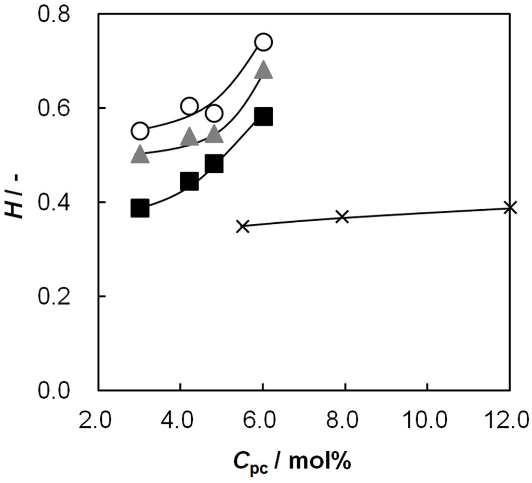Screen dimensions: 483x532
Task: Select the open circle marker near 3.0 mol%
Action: pos(140,131)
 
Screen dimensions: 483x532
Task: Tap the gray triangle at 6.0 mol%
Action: pos(263,70)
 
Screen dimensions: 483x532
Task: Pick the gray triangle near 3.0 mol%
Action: pos(140,155)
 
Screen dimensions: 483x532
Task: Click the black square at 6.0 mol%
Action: pos(263,117)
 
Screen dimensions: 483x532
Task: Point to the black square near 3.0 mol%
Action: pos(140,208)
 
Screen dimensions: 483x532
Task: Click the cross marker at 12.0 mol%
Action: pos(510,207)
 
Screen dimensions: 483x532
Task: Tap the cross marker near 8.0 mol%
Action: pos(341,217)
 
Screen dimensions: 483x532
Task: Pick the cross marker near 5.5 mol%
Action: pos(243,226)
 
